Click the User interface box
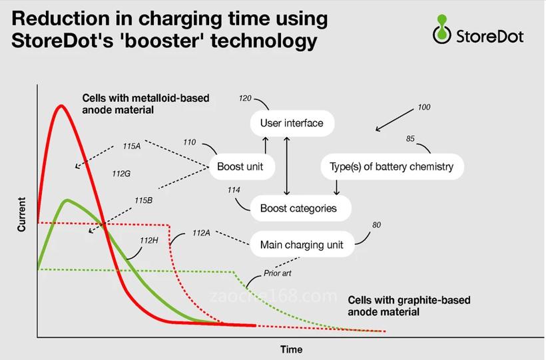[x=292, y=123]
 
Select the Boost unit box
[x=240, y=166]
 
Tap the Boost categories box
[x=298, y=208]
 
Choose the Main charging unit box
[x=302, y=245]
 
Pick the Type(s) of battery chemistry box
[x=392, y=166]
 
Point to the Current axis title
[x=22, y=214]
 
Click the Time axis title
[x=291, y=349]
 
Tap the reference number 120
[x=244, y=98]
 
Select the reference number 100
[x=423, y=107]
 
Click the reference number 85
[x=410, y=139]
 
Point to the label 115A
[x=132, y=146]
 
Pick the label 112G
[x=121, y=174]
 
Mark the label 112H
[x=149, y=240]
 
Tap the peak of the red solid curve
[x=61, y=106]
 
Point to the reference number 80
[x=376, y=226]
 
